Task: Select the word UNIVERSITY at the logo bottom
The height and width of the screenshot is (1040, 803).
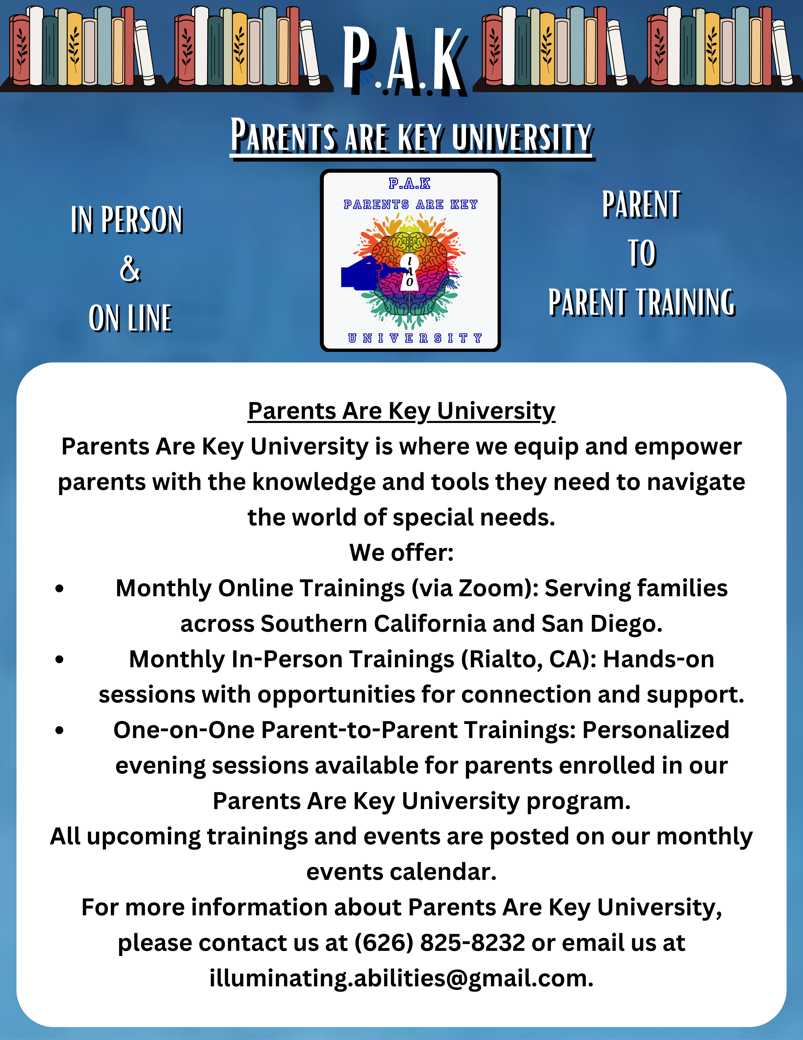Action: (x=415, y=338)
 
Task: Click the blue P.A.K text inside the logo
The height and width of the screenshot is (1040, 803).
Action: (x=409, y=183)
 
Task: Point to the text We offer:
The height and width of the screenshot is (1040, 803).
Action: (x=401, y=552)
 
